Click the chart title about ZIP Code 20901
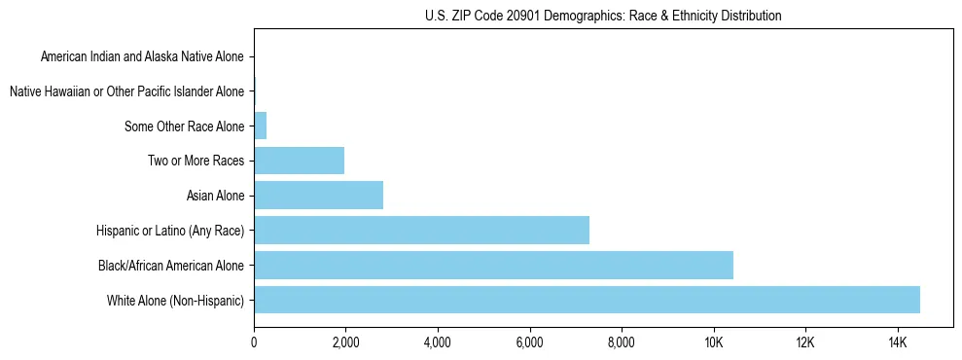click(603, 16)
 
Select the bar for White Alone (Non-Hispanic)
click(587, 300)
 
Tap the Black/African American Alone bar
click(493, 265)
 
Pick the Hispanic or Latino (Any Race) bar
click(421, 231)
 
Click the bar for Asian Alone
click(318, 196)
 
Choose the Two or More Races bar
click(299, 161)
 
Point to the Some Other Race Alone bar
click(260, 126)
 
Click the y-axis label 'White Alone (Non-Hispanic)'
click(176, 300)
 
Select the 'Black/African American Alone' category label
click(171, 265)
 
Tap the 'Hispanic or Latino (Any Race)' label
click(170, 231)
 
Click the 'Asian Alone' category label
click(215, 196)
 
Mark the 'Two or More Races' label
click(196, 161)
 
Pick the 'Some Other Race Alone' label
click(184, 126)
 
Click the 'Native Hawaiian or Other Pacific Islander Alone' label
click(126, 91)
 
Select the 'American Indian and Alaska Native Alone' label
click(142, 56)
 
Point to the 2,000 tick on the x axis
click(345, 343)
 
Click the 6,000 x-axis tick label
click(529, 343)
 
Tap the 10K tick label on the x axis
click(713, 343)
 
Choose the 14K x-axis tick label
click(897, 343)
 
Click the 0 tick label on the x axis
click(254, 343)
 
